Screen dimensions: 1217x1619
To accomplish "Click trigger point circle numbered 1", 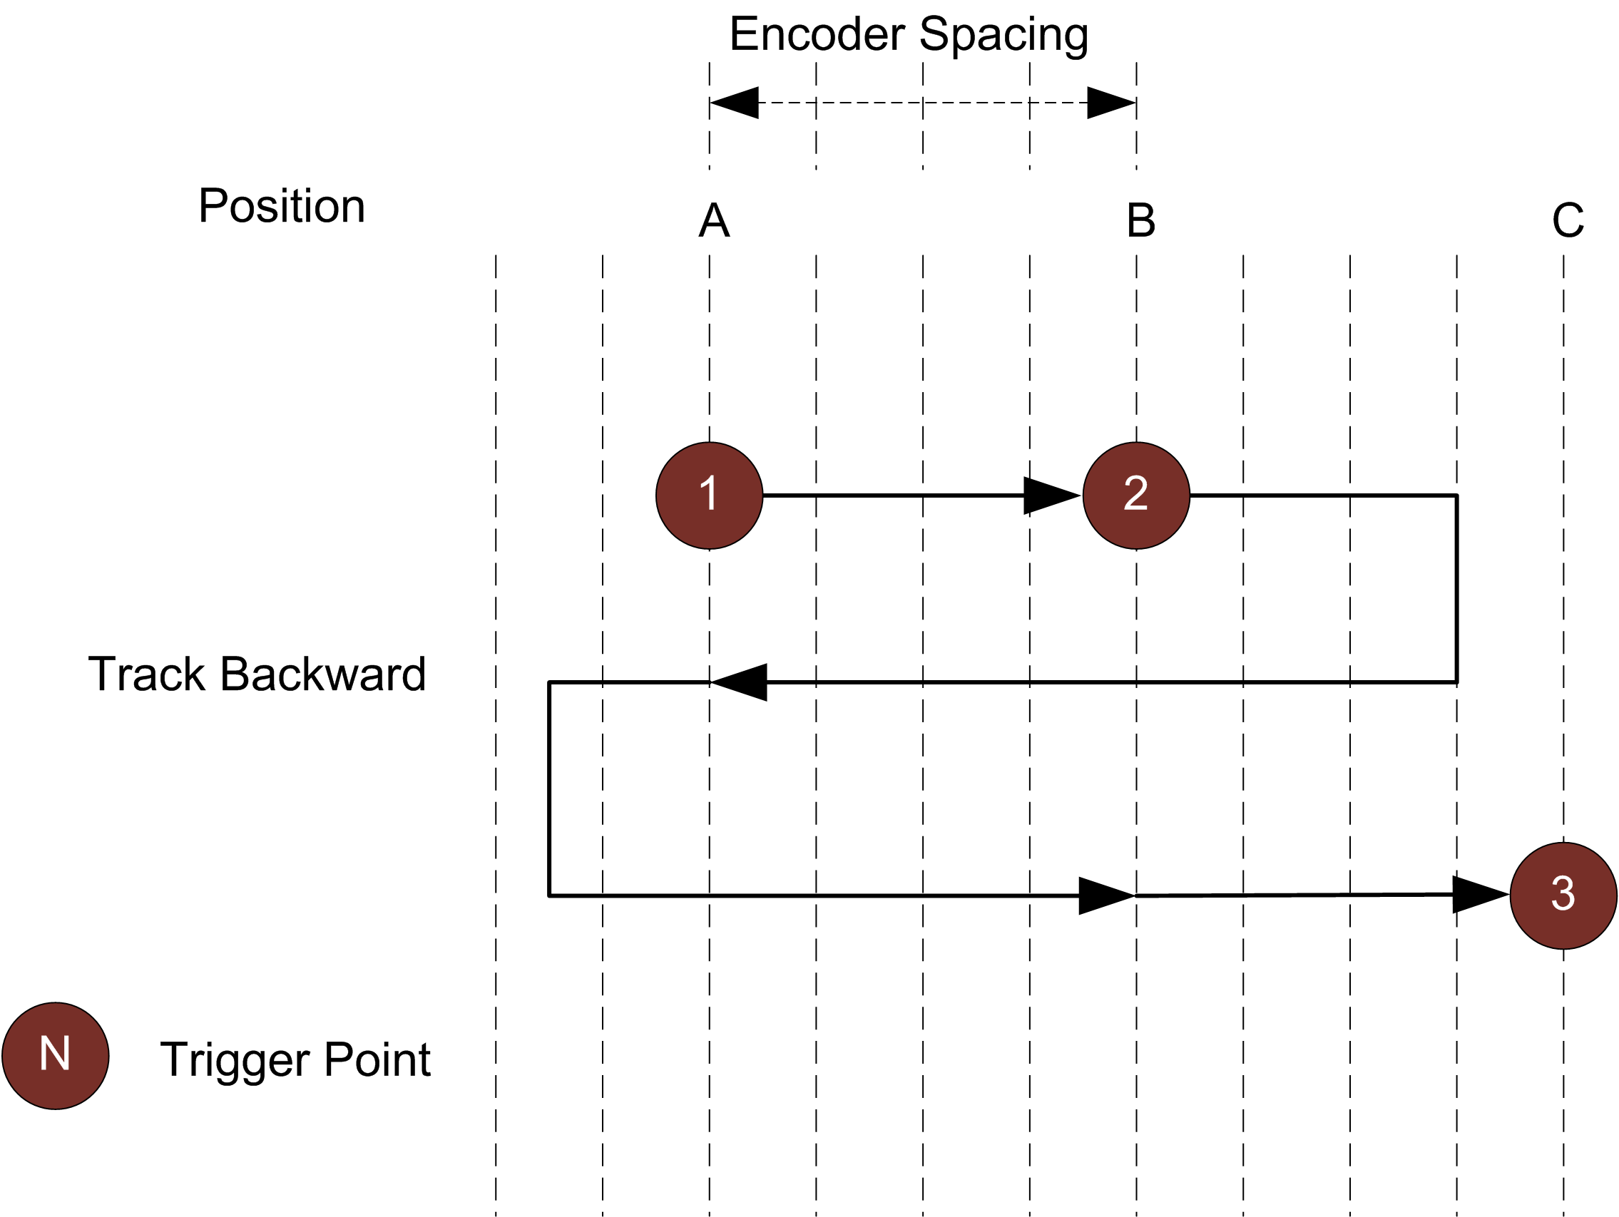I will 708,495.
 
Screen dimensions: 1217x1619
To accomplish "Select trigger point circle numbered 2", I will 1136,495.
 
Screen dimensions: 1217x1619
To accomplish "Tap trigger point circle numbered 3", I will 1563,895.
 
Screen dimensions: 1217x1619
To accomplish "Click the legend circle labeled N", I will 56,1055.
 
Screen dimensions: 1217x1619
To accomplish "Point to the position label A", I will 714,220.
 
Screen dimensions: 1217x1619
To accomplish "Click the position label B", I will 1140,220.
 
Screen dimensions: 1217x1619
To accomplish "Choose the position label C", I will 1568,220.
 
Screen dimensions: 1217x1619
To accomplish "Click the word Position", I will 281,206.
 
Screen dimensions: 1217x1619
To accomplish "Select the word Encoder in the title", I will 817,34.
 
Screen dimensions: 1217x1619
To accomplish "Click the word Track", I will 146,674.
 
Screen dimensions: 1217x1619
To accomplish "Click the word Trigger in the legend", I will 234,1060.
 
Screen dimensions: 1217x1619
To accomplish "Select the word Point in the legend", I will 377,1059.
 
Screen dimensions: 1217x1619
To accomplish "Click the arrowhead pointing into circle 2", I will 1051,495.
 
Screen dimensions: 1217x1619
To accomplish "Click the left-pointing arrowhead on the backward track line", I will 739,682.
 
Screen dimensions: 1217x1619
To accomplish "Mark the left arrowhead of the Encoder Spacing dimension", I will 733,103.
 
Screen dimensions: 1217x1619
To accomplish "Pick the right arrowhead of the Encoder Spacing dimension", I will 1111,103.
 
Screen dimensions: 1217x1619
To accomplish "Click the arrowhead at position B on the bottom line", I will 1106,895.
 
